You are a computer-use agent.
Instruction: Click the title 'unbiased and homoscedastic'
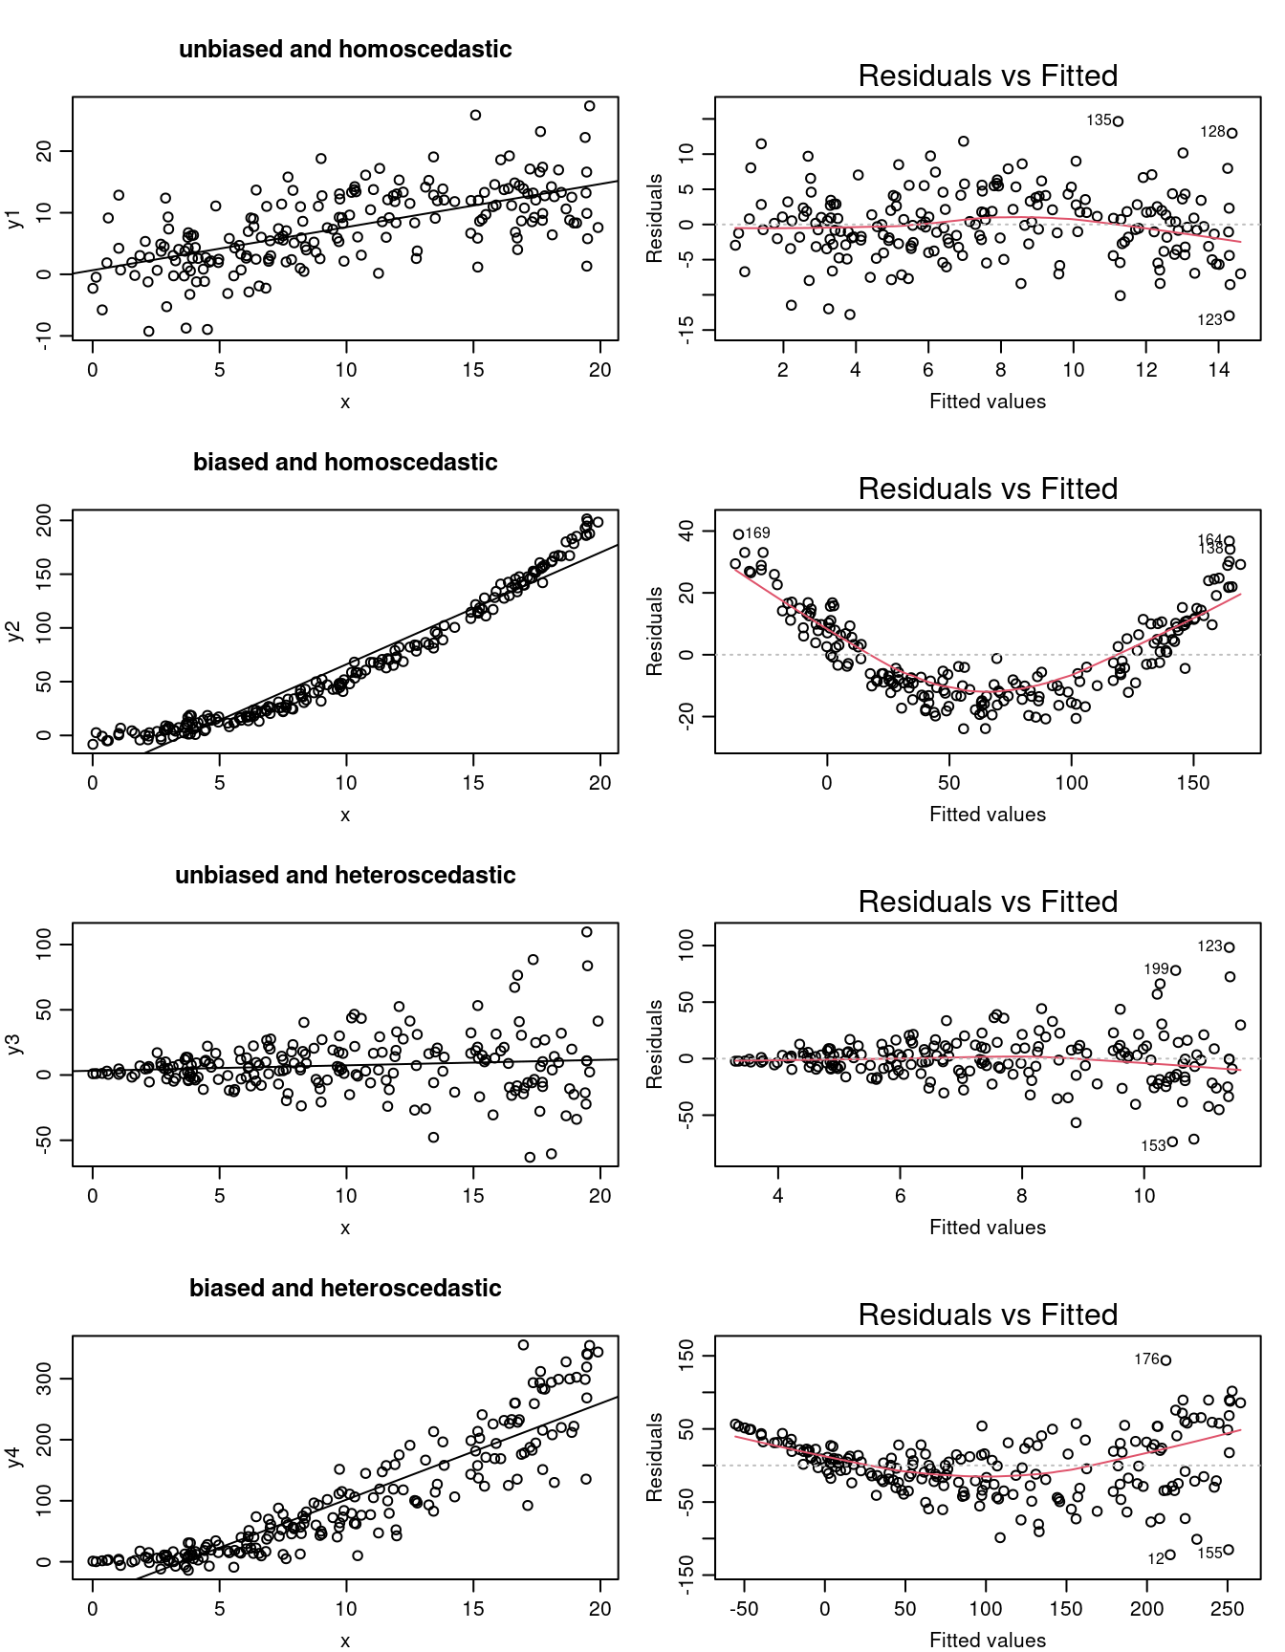pos(345,50)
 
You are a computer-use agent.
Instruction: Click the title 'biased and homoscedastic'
pos(345,463)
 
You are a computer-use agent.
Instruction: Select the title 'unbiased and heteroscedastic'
pos(345,876)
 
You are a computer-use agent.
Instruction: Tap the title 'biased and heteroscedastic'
pos(345,1289)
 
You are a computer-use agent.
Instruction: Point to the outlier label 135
pos(1099,120)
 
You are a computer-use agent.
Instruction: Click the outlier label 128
pos(1212,132)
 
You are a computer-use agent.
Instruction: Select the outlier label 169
pos(757,533)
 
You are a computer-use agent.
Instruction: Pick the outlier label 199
pos(1156,969)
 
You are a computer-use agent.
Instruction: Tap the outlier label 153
pos(1153,1145)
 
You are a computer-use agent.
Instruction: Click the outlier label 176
pos(1146,1359)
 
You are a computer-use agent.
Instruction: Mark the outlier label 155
pos(1209,1553)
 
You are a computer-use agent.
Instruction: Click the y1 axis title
pos(14,218)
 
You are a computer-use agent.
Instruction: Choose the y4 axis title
pos(14,1457)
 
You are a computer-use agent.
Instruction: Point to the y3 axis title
pos(14,1044)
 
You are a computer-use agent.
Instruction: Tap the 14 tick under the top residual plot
pos(1218,371)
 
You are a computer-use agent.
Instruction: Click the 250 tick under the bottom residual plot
pos(1228,1610)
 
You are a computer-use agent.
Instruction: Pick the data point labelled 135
pos(1118,121)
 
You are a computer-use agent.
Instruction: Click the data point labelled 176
pos(1165,1359)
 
